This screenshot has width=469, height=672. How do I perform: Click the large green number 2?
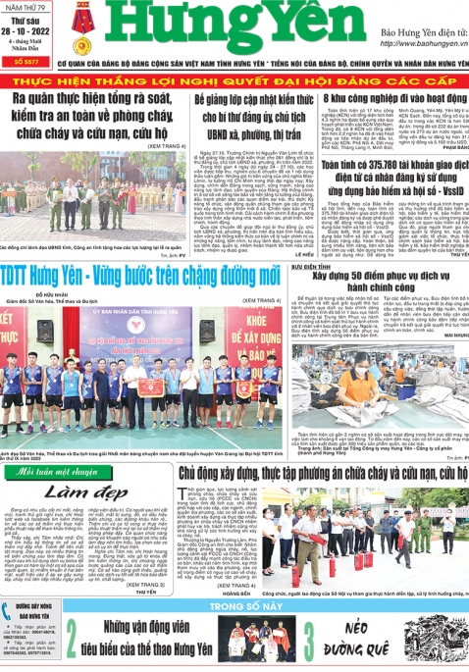pyautogui.click(x=73, y=643)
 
